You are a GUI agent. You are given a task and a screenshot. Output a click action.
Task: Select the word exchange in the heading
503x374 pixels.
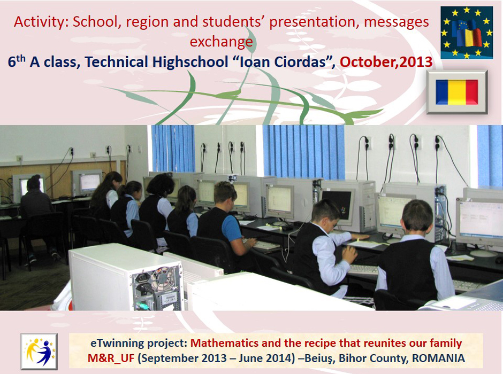click(221, 42)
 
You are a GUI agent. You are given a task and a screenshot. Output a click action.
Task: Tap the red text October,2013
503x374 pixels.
click(386, 62)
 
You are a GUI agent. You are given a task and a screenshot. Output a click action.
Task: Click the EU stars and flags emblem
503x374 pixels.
click(467, 33)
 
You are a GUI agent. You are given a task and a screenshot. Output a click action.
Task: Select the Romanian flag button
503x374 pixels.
click(457, 92)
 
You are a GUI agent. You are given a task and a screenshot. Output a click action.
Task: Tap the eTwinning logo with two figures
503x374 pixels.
click(39, 352)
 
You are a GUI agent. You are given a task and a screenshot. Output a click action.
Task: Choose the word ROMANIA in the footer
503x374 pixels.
click(438, 358)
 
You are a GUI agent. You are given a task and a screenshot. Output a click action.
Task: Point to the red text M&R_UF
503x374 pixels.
click(111, 358)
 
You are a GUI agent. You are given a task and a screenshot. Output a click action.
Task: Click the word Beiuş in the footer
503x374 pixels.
click(319, 359)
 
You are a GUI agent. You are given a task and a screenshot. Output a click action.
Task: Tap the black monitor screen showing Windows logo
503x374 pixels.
click(338, 206)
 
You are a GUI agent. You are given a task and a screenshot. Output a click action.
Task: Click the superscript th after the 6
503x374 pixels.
click(20, 58)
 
